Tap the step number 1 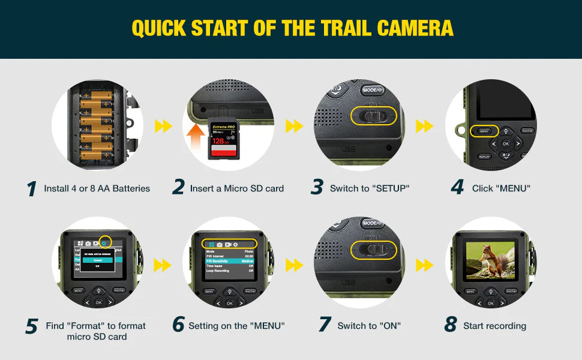(32, 188)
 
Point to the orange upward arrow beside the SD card (196, 139)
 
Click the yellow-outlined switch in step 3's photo (374, 116)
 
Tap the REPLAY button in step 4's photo (484, 157)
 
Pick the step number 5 (32, 326)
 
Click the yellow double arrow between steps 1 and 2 (163, 126)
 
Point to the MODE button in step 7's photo (372, 223)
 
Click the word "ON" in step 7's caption (391, 326)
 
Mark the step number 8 (451, 325)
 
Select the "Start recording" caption (494, 326)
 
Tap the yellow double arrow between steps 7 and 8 (424, 264)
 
